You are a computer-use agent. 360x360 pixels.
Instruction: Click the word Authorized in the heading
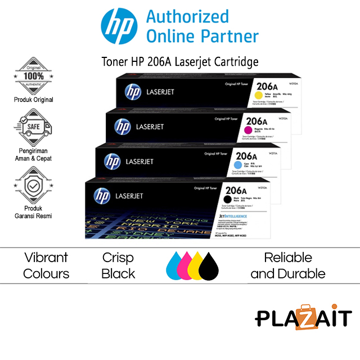187,16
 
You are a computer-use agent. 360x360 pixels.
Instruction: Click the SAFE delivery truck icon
33,127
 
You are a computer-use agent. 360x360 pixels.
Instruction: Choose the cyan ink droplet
175,267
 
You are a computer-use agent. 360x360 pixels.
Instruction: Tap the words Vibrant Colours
46,265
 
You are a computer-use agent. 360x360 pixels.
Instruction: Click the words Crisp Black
118,265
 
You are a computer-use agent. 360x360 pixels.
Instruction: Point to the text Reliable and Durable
288,265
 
